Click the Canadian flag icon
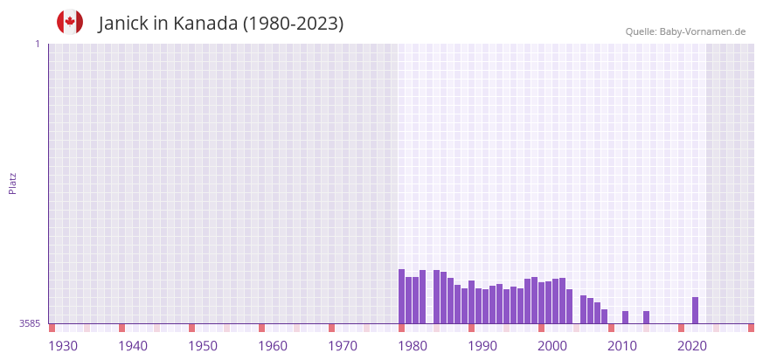pyautogui.click(x=70, y=22)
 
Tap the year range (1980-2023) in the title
pyautogui.click(x=293, y=24)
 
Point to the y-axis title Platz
pyautogui.click(x=12, y=183)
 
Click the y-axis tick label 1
pyautogui.click(x=37, y=44)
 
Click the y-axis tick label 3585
pyautogui.click(x=30, y=323)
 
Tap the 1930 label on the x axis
pyautogui.click(x=63, y=346)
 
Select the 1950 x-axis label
pyautogui.click(x=203, y=346)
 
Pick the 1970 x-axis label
pyautogui.click(x=343, y=346)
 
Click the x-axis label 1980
pyautogui.click(x=413, y=346)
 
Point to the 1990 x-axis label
pyautogui.click(x=482, y=346)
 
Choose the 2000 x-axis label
pyautogui.click(x=552, y=346)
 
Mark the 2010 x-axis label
pyautogui.click(x=622, y=346)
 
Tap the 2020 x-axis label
pyautogui.click(x=692, y=346)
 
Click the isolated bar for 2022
pyautogui.click(x=695, y=310)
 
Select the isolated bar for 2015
pyautogui.click(x=646, y=317)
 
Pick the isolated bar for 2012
pyautogui.click(x=625, y=317)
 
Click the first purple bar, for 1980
pyautogui.click(x=401, y=296)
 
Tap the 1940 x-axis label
pyautogui.click(x=133, y=346)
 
